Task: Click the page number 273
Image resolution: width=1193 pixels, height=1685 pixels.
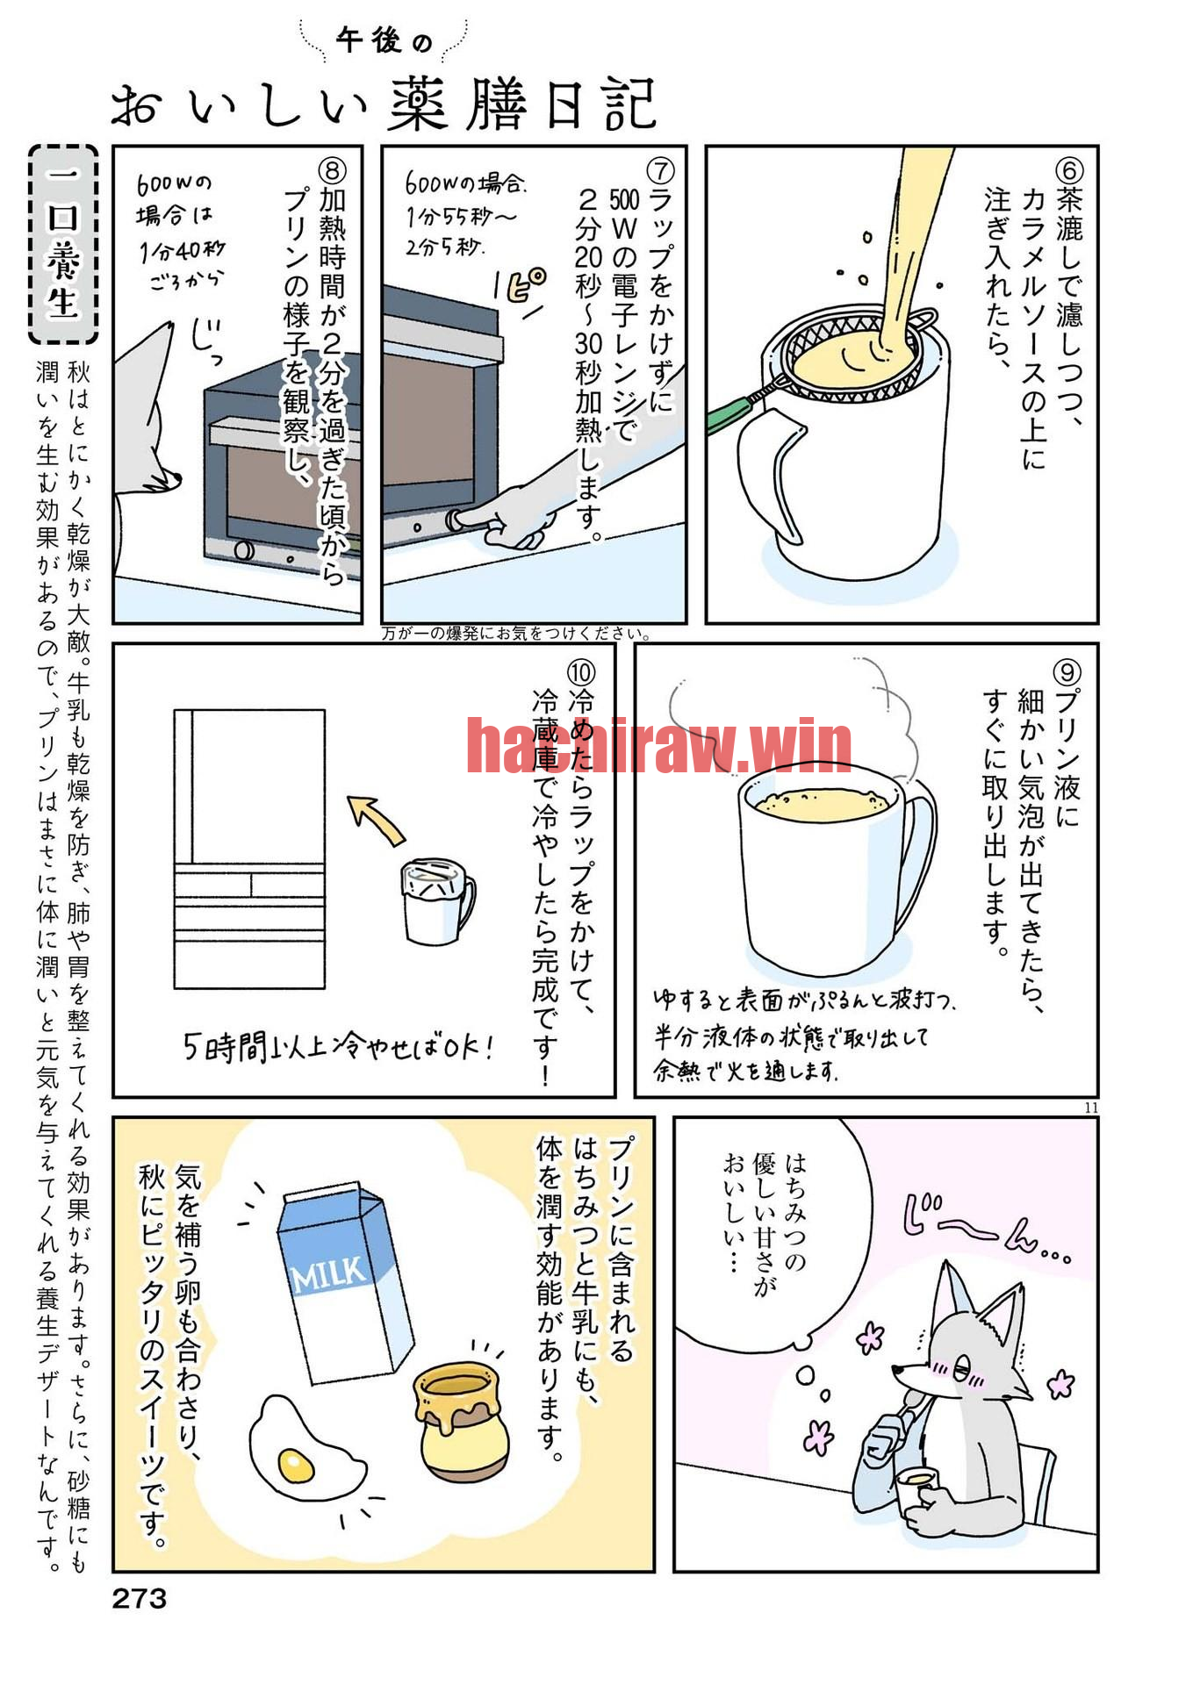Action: pyautogui.click(x=139, y=1598)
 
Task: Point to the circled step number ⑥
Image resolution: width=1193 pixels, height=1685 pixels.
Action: pyautogui.click(x=1068, y=170)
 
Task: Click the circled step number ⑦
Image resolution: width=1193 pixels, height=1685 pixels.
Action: pyautogui.click(x=659, y=170)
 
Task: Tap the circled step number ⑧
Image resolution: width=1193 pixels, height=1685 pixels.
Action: pyautogui.click(x=332, y=170)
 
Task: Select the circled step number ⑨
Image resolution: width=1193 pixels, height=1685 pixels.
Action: pyautogui.click(x=1067, y=672)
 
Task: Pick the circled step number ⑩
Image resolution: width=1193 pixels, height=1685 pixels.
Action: pyautogui.click(x=581, y=672)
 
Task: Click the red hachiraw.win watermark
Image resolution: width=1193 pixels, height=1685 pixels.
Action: pyautogui.click(x=658, y=745)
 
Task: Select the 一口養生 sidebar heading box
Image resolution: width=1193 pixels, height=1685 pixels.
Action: pyautogui.click(x=63, y=244)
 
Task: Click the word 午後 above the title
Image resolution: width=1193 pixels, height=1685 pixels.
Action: pyautogui.click(x=370, y=40)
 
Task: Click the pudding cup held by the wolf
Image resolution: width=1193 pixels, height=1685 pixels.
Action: pyautogui.click(x=916, y=1483)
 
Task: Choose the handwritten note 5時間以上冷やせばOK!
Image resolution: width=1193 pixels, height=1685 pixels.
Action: pyautogui.click(x=338, y=1046)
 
